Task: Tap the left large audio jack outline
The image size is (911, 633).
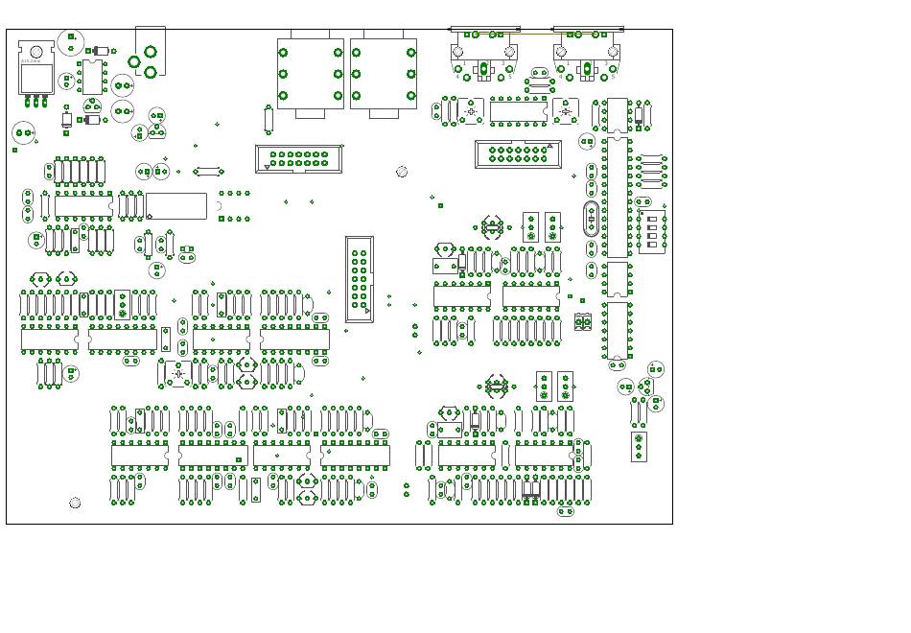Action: (310, 74)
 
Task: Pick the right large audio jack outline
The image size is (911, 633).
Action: (384, 74)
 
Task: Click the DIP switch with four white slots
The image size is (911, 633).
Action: (654, 230)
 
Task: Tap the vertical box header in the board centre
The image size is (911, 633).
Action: (359, 279)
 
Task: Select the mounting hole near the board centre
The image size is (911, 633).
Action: (402, 172)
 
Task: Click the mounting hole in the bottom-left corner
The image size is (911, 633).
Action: (75, 503)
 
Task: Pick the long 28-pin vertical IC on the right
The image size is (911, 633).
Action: (617, 197)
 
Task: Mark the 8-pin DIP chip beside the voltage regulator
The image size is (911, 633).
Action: (93, 76)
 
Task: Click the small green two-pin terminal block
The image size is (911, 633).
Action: (583, 321)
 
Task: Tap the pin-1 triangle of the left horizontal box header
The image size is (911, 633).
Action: (267, 167)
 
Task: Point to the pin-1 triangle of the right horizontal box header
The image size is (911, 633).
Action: (549, 146)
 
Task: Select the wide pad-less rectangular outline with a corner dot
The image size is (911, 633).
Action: (175, 205)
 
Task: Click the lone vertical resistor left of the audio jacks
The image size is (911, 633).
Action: (269, 119)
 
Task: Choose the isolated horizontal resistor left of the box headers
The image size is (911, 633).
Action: (208, 172)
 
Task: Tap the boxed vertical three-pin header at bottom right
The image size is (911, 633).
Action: (639, 446)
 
